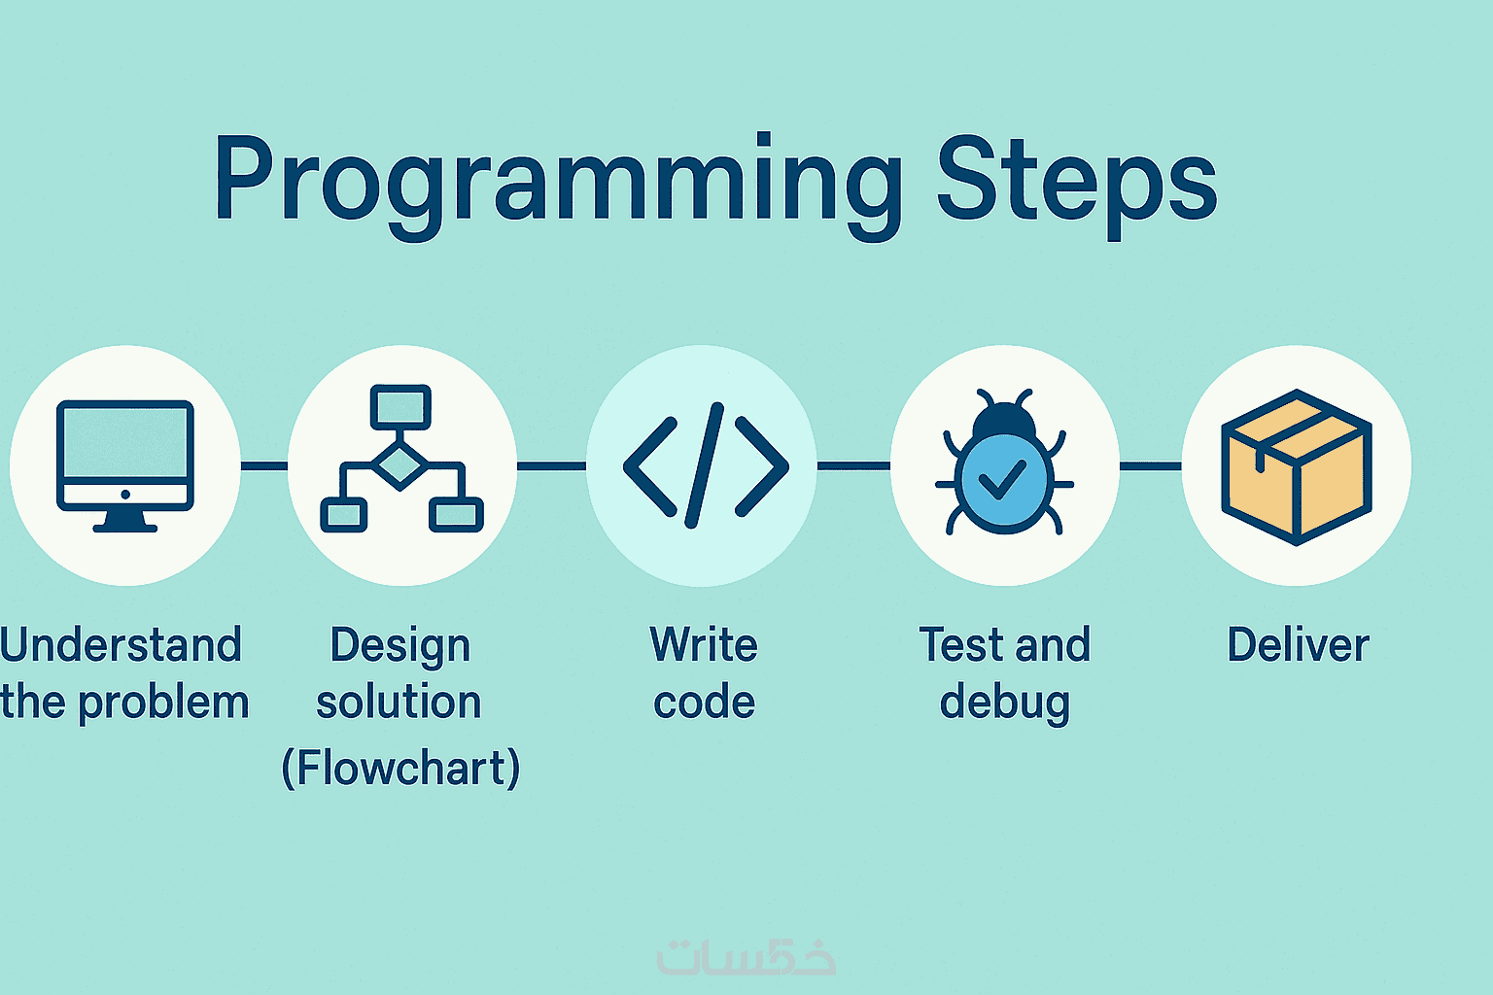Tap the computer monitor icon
pos(125,465)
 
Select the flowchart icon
pos(401,459)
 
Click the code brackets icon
pos(706,465)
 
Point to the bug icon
pos(1004,463)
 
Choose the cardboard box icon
pos(1297,467)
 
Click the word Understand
pos(120,645)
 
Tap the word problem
pos(164,703)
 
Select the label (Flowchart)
pos(400,769)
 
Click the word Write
pos(704,645)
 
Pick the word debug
pos(1004,703)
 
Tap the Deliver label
pos(1299,645)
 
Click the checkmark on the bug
pos(1002,479)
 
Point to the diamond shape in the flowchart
pos(399,464)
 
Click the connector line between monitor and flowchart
pos(264,465)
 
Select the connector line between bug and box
pos(1151,465)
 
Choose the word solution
pos(399,703)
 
